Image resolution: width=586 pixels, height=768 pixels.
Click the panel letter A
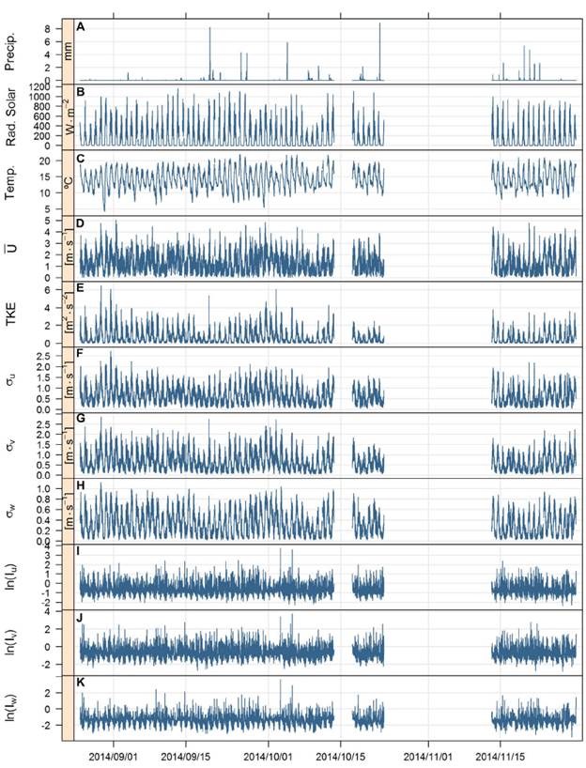tap(82, 27)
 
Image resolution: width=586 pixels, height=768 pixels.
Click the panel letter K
tap(82, 684)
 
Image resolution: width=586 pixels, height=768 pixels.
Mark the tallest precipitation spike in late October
tap(380, 23)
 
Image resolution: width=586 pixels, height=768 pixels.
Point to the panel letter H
tap(82, 486)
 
